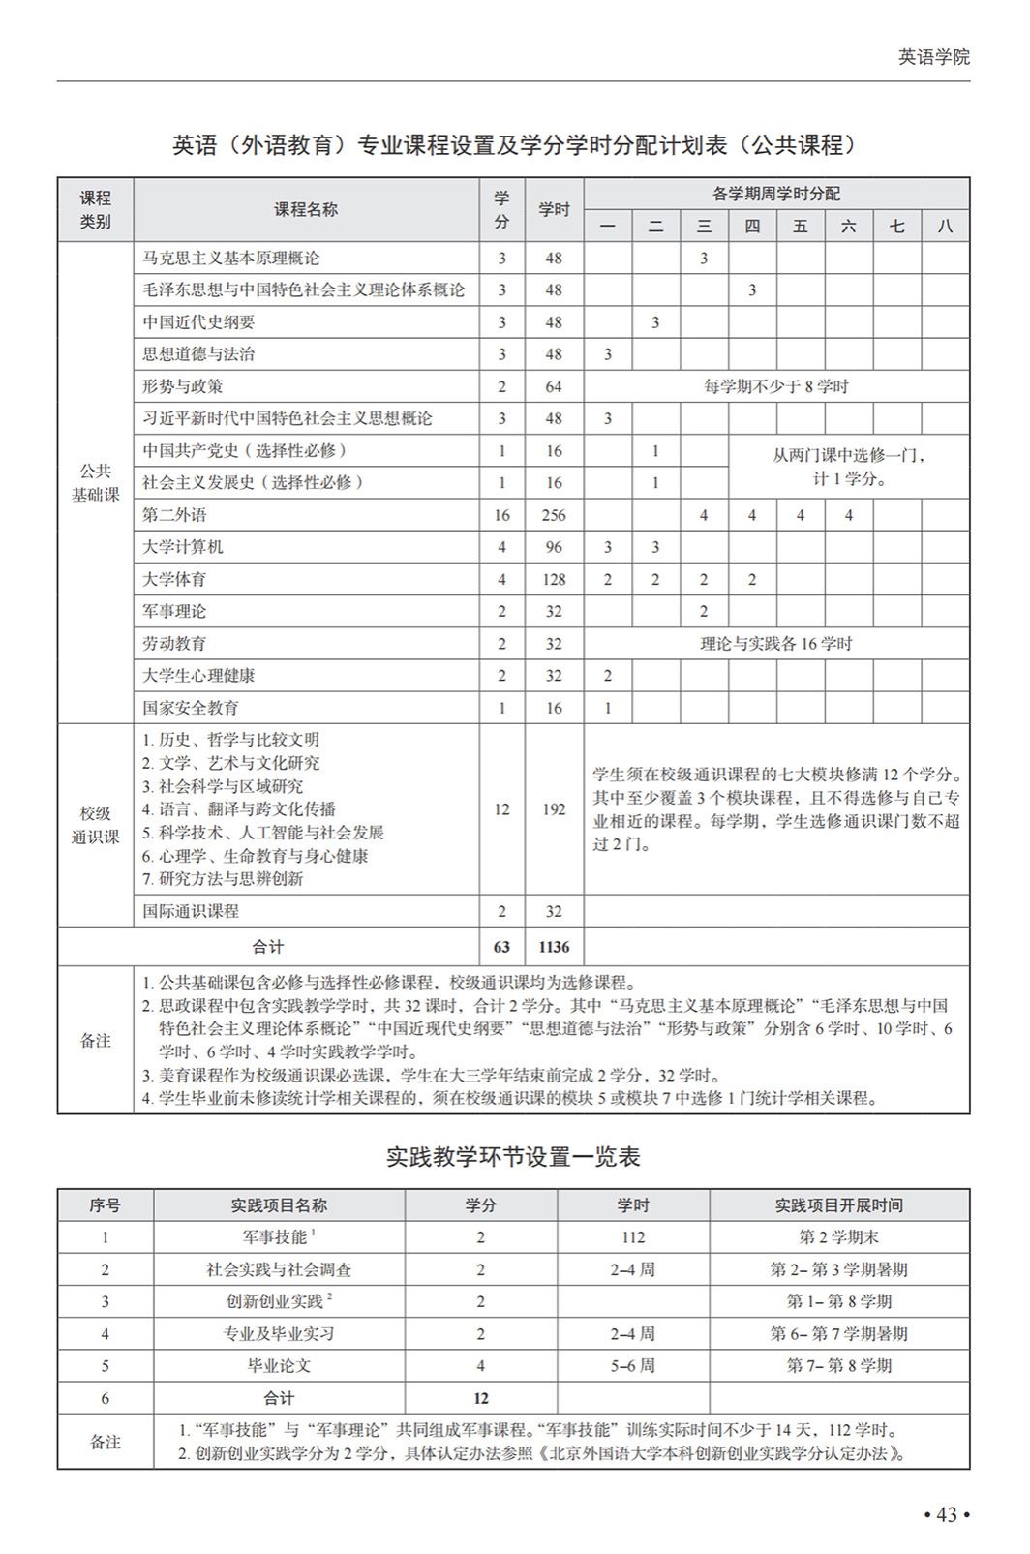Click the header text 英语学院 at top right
[x=933, y=57]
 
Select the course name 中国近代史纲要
[x=199, y=322]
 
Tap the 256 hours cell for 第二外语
[x=554, y=515]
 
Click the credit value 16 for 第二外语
[x=501, y=515]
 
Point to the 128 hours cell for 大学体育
[x=554, y=579]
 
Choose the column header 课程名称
[x=306, y=209]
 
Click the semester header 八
[x=945, y=227]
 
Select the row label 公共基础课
[x=96, y=482]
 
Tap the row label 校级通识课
[x=96, y=825]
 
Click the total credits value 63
[x=501, y=947]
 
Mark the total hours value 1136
[x=554, y=947]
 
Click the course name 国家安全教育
[x=191, y=708]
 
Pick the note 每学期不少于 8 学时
[x=775, y=386]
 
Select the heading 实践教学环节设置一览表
[x=513, y=1157]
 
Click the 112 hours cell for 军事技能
[x=633, y=1237]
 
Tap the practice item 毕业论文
[x=279, y=1366]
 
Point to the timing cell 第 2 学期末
[x=838, y=1237]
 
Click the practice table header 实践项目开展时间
[x=838, y=1205]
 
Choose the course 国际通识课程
[x=191, y=911]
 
